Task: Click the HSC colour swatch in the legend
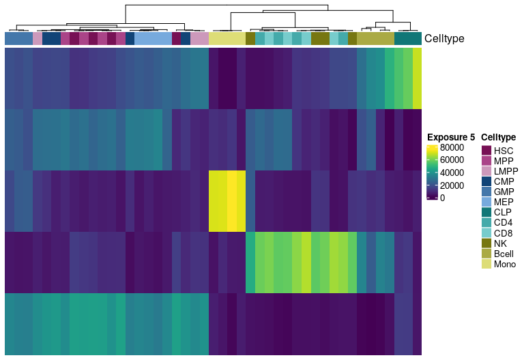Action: pyautogui.click(x=486, y=150)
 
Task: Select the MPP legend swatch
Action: pyautogui.click(x=486, y=160)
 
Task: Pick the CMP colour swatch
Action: pyautogui.click(x=486, y=181)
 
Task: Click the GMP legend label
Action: pyautogui.click(x=504, y=192)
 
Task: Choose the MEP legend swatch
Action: pyautogui.click(x=486, y=202)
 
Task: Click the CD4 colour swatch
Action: pyautogui.click(x=486, y=223)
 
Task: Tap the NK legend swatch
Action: pyautogui.click(x=486, y=243)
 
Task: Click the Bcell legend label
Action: pyautogui.click(x=505, y=254)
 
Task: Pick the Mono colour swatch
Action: pyautogui.click(x=486, y=265)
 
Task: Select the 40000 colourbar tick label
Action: pyautogui.click(x=452, y=172)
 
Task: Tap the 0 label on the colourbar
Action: pyautogui.click(x=443, y=198)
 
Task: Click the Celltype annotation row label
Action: pyautogui.click(x=444, y=39)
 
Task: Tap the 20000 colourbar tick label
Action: pyautogui.click(x=452, y=185)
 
